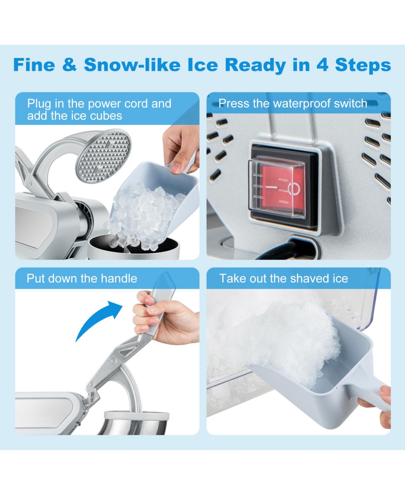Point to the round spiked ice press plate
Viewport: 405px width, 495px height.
tap(103, 156)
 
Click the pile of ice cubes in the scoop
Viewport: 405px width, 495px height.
tap(143, 215)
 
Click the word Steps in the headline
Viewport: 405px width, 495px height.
tap(363, 65)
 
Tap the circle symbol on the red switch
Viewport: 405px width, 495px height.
tap(294, 189)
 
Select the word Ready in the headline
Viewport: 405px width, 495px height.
tap(255, 65)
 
